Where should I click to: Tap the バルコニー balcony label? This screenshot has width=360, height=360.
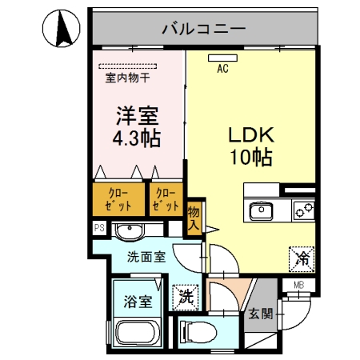click(x=203, y=30)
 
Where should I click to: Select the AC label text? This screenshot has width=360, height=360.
click(x=222, y=69)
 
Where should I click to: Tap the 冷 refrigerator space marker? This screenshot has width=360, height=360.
click(x=302, y=258)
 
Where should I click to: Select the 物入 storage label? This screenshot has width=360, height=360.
click(x=194, y=218)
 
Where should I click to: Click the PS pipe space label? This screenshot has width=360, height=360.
click(x=99, y=228)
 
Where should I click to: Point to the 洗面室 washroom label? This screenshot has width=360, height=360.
click(x=146, y=258)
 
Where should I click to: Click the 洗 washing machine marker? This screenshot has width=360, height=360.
click(x=186, y=294)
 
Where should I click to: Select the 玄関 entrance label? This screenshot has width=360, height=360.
click(x=261, y=313)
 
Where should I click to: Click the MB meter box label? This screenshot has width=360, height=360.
click(x=299, y=284)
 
